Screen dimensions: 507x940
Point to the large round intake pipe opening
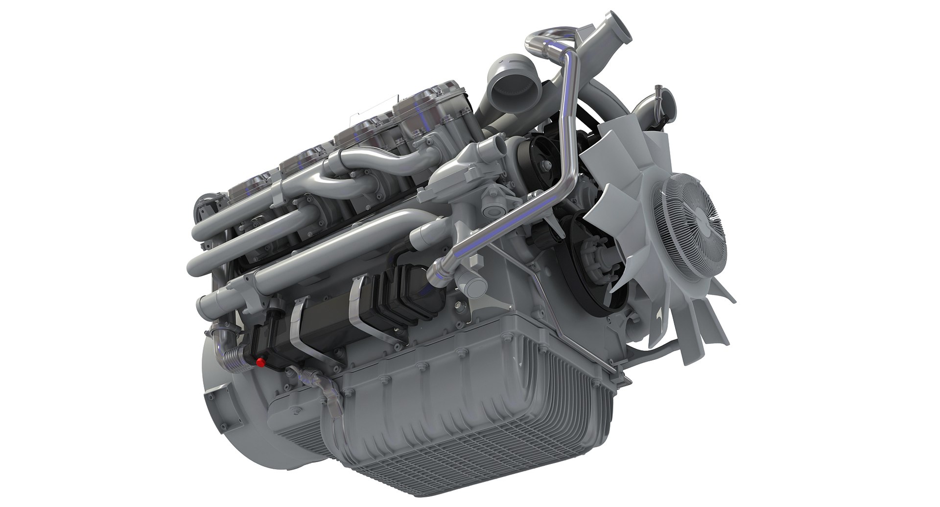pyautogui.click(x=511, y=90)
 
